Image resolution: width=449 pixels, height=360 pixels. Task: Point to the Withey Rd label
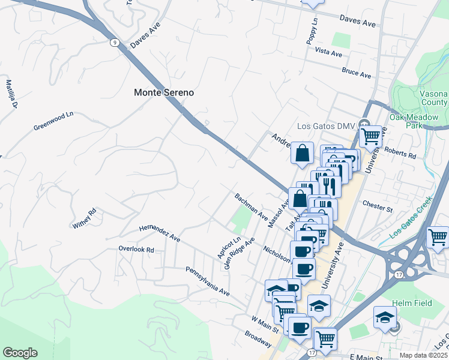(x=85, y=218)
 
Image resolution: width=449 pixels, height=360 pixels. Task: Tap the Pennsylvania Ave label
(x=208, y=281)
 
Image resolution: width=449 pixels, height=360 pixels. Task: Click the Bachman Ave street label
(x=251, y=206)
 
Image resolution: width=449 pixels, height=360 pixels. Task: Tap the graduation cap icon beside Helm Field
(x=385, y=317)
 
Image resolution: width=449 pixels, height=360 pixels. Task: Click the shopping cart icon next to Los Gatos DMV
(x=371, y=136)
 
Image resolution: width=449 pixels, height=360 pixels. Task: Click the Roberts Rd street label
(x=400, y=154)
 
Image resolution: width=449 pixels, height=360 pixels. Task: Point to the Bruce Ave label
(x=356, y=73)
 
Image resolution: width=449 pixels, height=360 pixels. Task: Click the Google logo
(x=20, y=353)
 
